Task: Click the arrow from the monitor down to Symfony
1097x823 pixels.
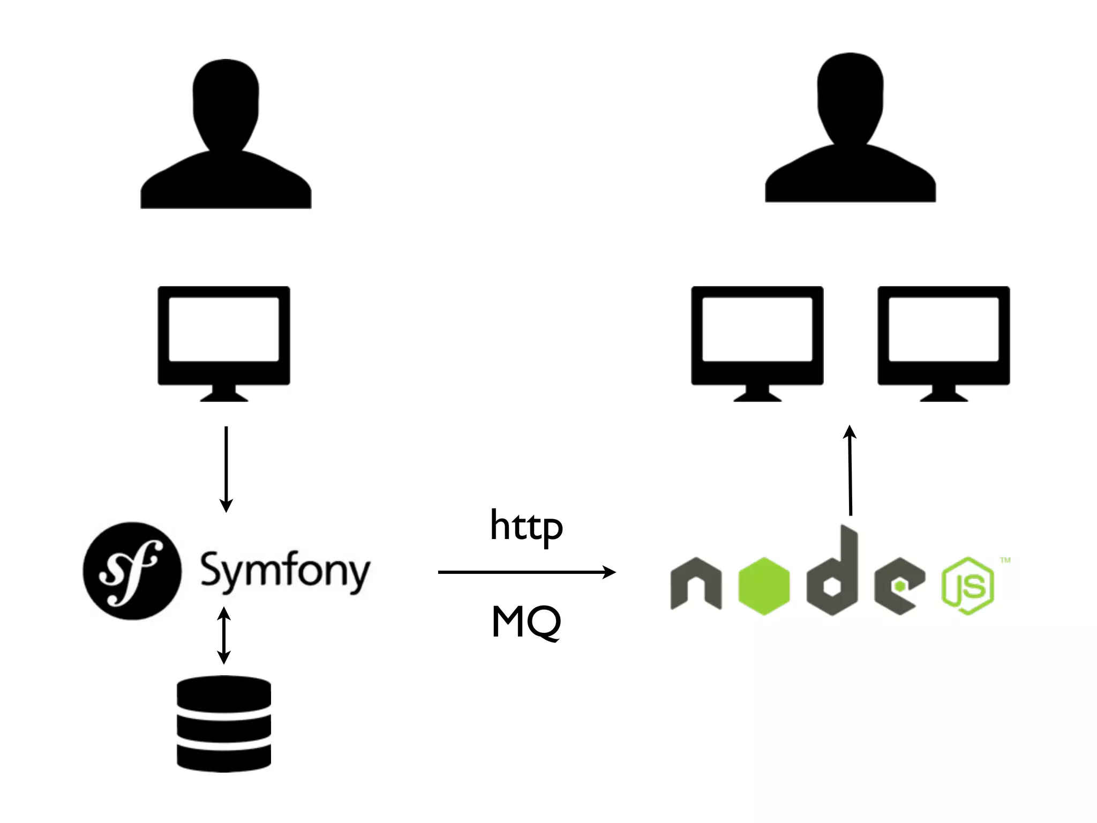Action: click(x=226, y=468)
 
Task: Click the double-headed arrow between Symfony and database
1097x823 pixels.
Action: click(x=224, y=635)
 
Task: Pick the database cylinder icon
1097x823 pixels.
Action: click(x=224, y=723)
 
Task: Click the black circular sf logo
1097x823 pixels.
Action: click(x=132, y=571)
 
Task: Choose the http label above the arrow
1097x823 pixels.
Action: click(x=526, y=526)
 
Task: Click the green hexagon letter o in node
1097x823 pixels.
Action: click(x=763, y=586)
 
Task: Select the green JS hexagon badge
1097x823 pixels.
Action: click(x=967, y=586)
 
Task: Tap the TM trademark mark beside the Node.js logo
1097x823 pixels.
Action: click(x=1005, y=560)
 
